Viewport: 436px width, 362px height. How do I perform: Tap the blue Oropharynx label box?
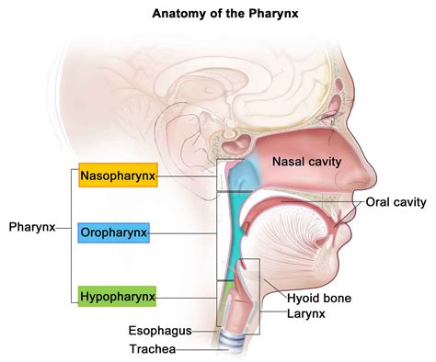point(113,234)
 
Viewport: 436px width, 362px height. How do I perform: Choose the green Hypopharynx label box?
point(117,296)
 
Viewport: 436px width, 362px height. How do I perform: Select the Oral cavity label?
point(397,202)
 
